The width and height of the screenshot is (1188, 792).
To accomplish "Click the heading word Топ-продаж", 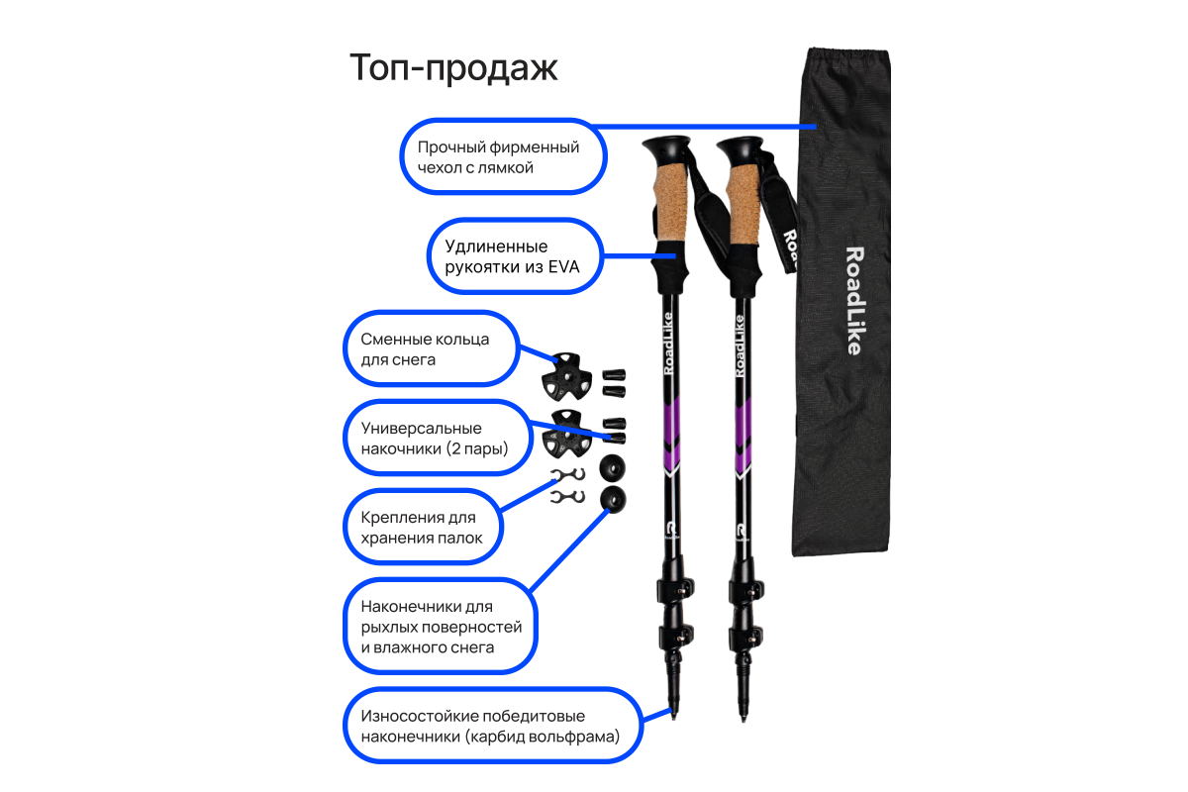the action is coord(453,68).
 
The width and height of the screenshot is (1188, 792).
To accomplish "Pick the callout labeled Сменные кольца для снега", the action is coord(432,348).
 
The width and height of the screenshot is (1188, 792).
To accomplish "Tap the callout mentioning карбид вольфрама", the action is coord(490,726).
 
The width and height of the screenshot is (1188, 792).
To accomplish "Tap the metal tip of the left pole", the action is coord(675,714).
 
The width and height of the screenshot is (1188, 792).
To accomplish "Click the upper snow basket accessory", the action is coord(566,374).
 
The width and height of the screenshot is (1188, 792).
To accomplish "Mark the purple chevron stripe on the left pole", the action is coord(672,436).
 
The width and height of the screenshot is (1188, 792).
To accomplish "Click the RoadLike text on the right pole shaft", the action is coord(740,346).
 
